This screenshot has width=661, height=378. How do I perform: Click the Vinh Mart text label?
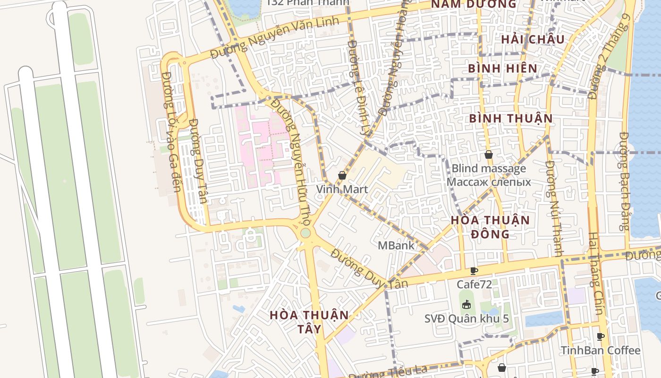(342, 189)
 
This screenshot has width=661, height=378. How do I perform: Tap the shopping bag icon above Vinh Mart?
(342, 176)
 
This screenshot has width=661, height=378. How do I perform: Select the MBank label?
(396, 245)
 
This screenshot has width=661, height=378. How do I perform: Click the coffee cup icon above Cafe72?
(474, 271)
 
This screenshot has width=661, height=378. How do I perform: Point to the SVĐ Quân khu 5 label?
(466, 318)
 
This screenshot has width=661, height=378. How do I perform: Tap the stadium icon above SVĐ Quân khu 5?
(466, 304)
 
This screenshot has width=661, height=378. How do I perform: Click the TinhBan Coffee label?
(600, 350)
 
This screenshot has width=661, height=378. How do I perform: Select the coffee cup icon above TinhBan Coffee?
(600, 337)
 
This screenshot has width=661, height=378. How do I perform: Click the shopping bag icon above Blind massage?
(489, 155)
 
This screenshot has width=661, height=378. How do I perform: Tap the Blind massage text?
(489, 168)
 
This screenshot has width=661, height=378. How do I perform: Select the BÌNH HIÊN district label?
(503, 68)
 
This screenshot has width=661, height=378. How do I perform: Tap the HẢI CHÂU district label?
(533, 39)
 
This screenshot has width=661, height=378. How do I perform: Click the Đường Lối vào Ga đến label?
(171, 132)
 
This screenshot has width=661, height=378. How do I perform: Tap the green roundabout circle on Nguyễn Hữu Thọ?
(305, 233)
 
